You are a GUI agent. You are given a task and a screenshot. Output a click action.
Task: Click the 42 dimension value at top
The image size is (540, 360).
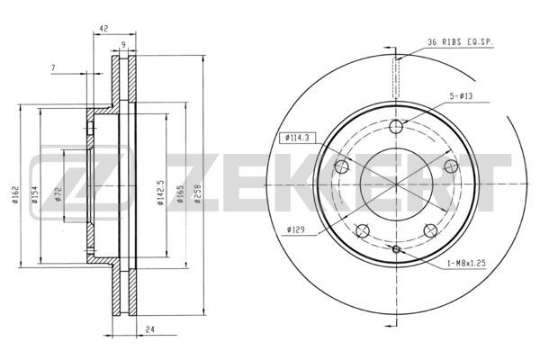pos(103,29)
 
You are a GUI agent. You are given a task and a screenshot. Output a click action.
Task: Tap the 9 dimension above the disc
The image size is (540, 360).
pos(123,44)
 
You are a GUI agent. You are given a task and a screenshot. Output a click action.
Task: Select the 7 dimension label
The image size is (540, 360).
pos(53,68)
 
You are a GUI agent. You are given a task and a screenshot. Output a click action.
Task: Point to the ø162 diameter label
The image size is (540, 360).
pos(15,194)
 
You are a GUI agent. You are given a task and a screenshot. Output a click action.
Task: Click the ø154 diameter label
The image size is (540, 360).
pos(35,195)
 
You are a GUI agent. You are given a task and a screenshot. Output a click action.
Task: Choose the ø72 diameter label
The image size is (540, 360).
pos(58,194)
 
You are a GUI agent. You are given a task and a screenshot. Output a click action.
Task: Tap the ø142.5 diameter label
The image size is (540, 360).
pos(160,193)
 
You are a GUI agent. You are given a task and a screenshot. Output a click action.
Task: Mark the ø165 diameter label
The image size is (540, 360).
pos(181,194)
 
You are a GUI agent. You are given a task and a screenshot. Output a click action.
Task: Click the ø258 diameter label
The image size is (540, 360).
pos(198,194)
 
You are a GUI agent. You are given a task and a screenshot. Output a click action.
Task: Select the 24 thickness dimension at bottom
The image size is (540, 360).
pos(149,329)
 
